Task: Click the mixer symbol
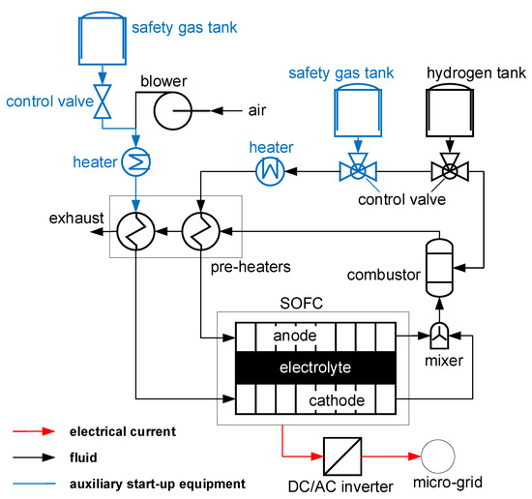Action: tap(440, 337)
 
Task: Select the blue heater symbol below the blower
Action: tap(132, 160)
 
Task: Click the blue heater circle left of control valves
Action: tap(269, 173)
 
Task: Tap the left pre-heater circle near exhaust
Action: tap(133, 233)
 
